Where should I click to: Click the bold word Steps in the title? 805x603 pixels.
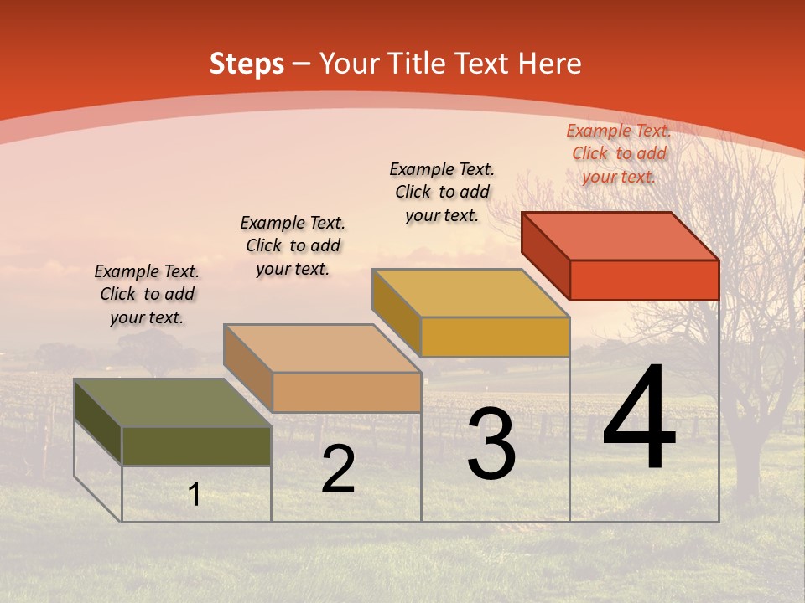247,64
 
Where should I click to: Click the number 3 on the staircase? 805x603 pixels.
491,444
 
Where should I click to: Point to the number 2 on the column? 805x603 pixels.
338,469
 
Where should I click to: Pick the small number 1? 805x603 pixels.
195,495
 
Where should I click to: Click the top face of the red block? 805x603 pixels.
621,235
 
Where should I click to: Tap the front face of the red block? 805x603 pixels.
644,280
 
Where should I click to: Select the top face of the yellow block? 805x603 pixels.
470,293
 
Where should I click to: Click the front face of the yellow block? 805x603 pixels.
495,337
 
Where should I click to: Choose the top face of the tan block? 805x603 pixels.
322,348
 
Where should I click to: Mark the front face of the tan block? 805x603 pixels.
346,392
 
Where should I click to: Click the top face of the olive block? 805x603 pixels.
173,403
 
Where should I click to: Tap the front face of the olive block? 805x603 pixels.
196,446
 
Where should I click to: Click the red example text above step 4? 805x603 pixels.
619,153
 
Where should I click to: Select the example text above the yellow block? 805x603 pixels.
442,192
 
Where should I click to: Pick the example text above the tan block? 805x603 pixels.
293,245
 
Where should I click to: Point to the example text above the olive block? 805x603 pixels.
147,294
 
